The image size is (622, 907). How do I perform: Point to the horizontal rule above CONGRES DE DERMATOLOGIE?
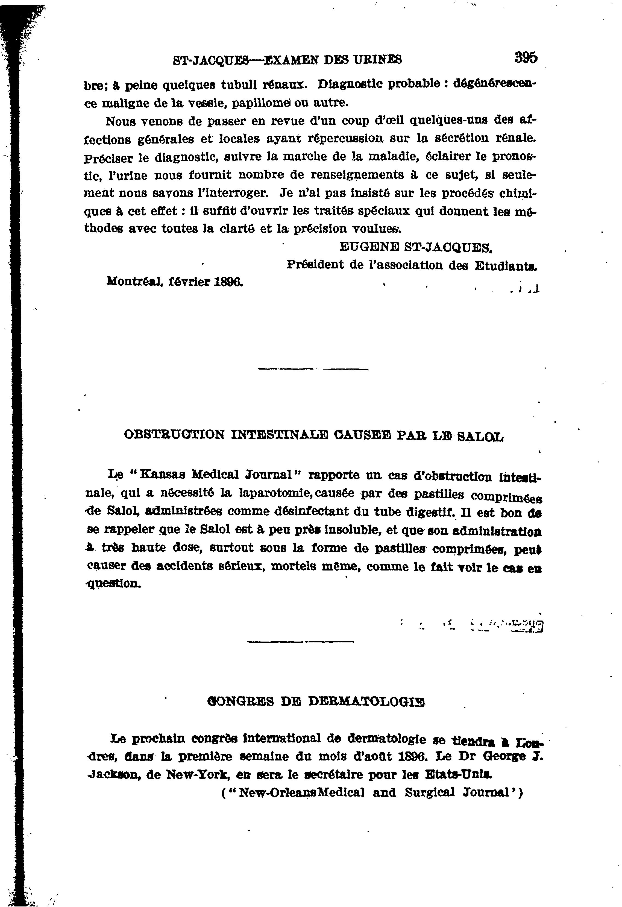[300, 641]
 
